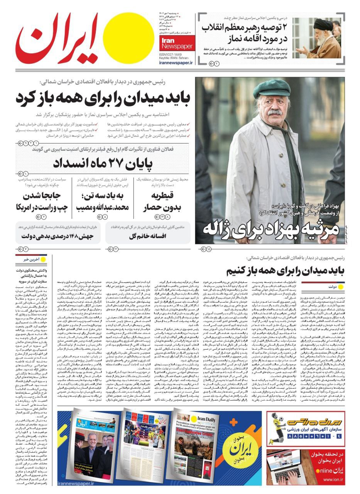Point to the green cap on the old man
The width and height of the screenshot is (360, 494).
tap(272, 88)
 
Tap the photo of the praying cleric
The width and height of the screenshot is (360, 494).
tap(319, 38)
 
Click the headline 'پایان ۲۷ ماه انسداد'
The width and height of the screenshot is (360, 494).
tap(103, 163)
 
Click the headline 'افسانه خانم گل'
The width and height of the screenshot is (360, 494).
tap(148, 236)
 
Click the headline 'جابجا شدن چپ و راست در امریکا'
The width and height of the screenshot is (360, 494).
tap(42, 201)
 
